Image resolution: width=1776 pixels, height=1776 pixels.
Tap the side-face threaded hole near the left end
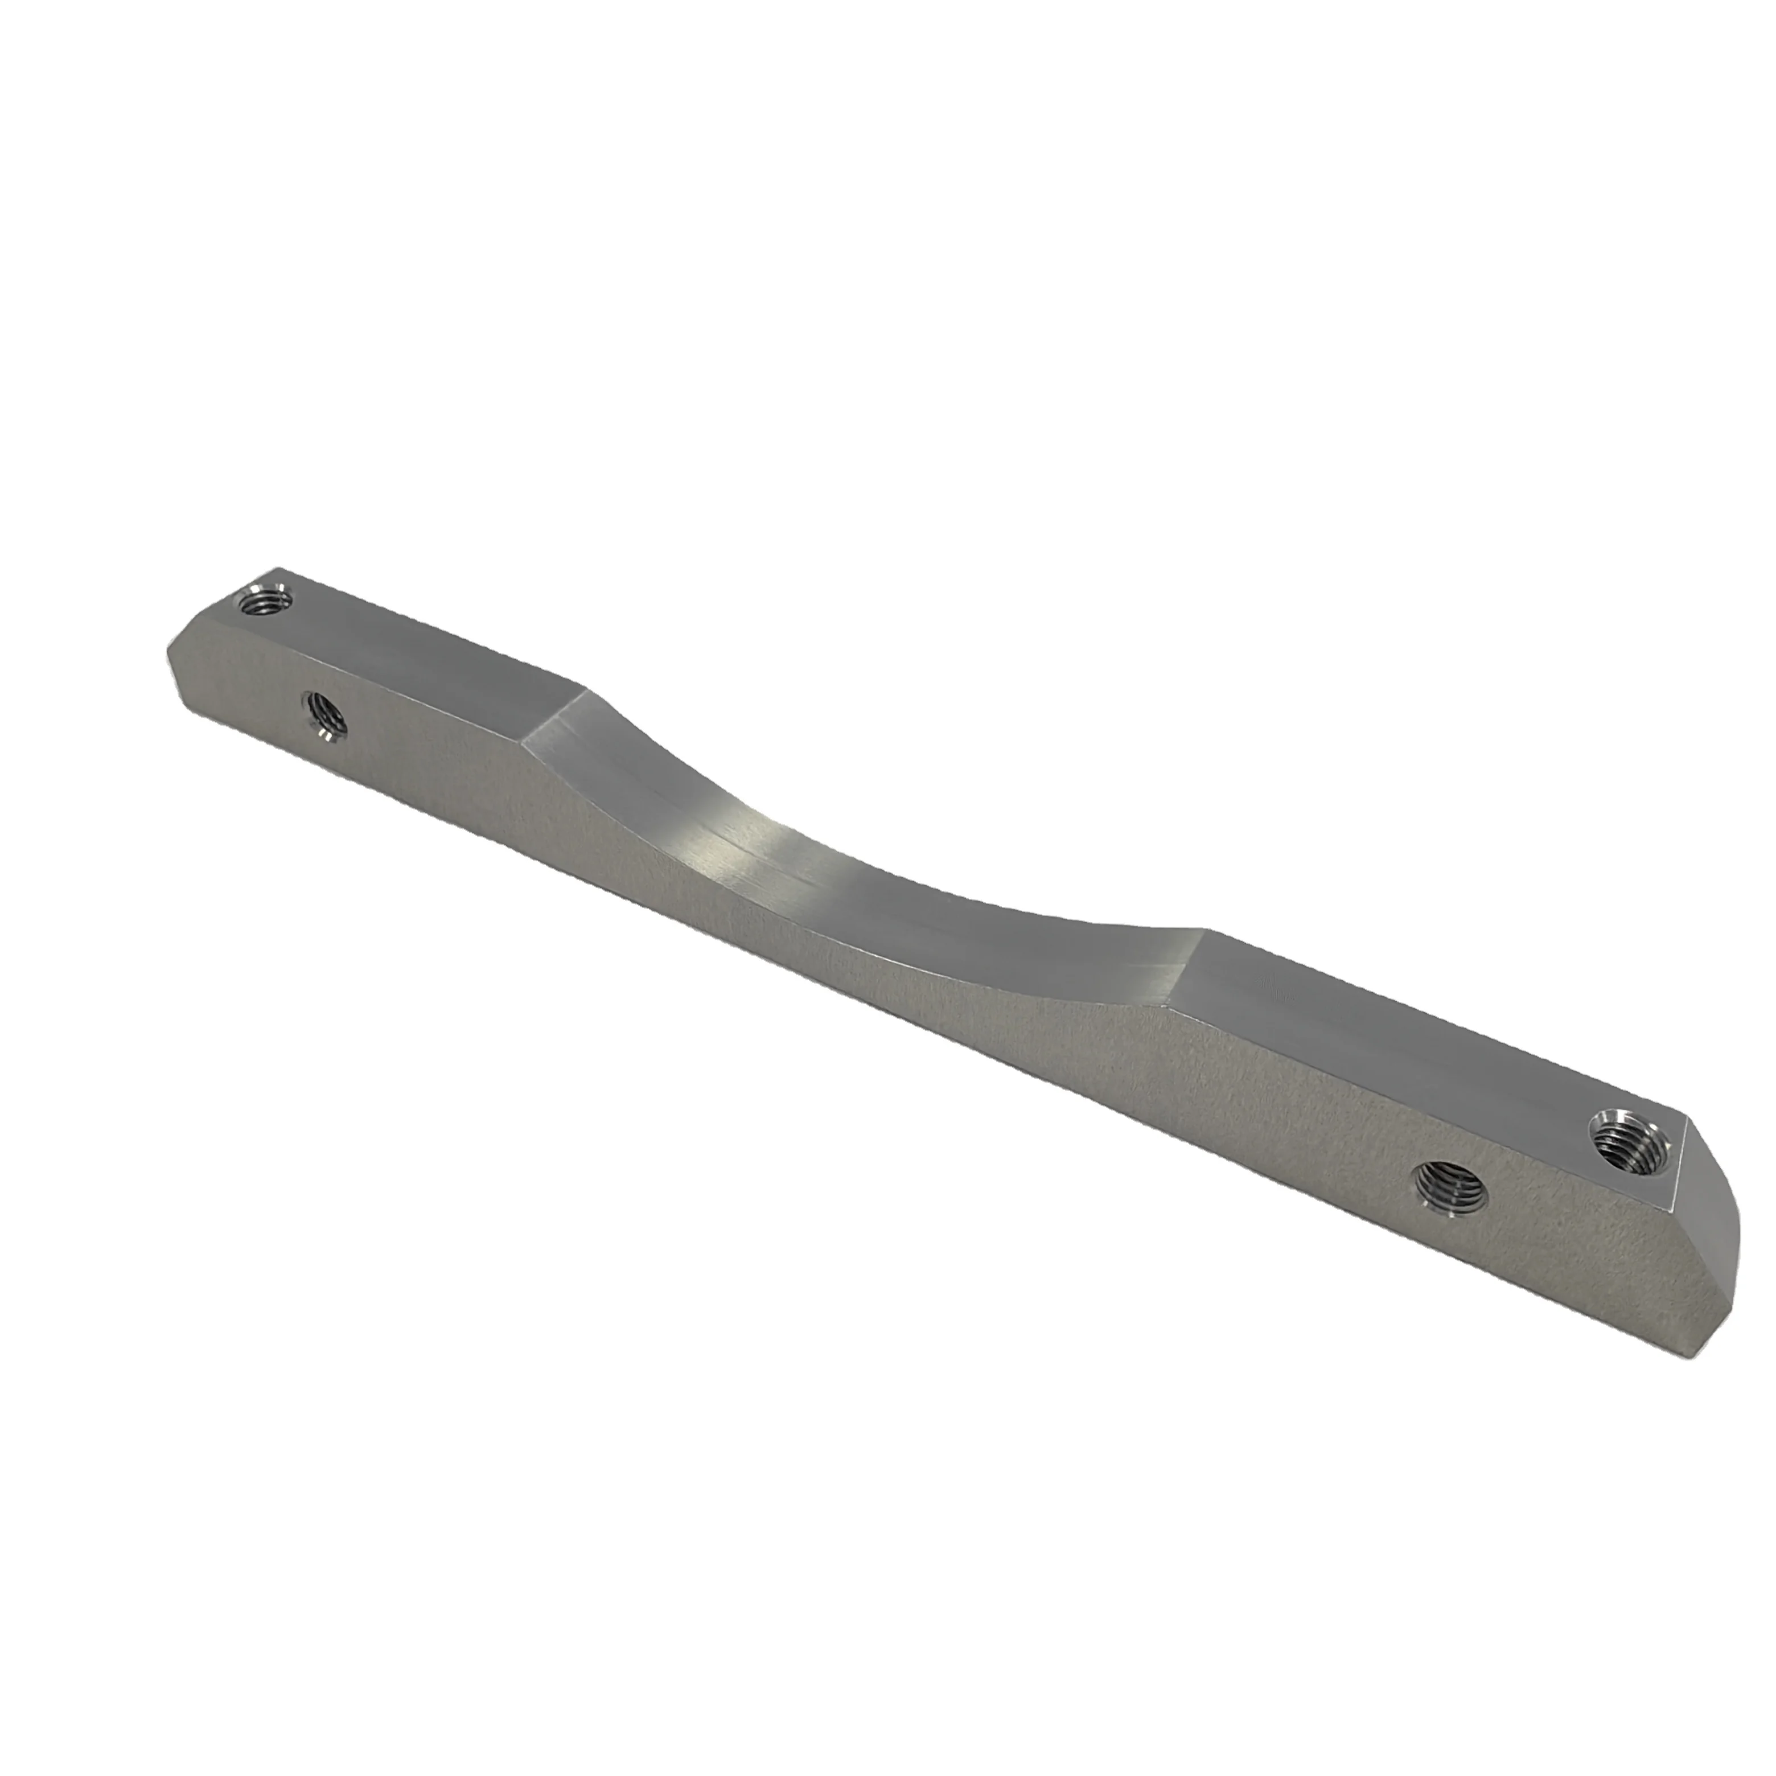pyautogui.click(x=323, y=715)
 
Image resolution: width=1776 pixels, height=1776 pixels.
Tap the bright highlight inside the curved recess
pyautogui.click(x=791, y=832)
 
